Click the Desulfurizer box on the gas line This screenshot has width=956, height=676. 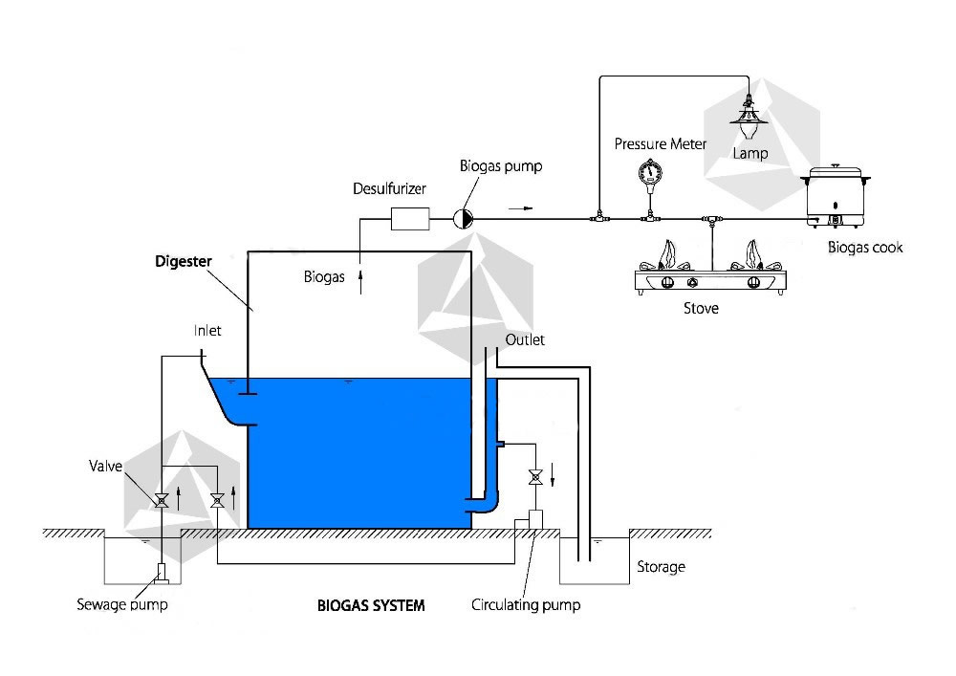pos(410,219)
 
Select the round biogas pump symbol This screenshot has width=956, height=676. pos(463,219)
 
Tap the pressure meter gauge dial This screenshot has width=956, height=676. pos(650,170)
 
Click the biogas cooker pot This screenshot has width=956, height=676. pos(836,196)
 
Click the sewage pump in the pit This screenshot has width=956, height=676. pos(162,573)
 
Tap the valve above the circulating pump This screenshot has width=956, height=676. pos(536,477)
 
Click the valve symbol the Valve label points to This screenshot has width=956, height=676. pos(162,500)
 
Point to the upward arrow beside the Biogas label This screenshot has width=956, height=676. pos(360,282)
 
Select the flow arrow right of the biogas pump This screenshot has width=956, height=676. pos(520,208)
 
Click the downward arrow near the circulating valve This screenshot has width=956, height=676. pos(553,475)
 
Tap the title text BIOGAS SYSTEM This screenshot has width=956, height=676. pos(371,605)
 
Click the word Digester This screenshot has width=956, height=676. pos(184,261)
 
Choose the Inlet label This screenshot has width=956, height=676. pos(207,331)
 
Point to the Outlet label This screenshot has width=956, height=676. pos(525,339)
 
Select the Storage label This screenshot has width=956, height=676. pos(661,567)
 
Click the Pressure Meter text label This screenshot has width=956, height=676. pos(661,143)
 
